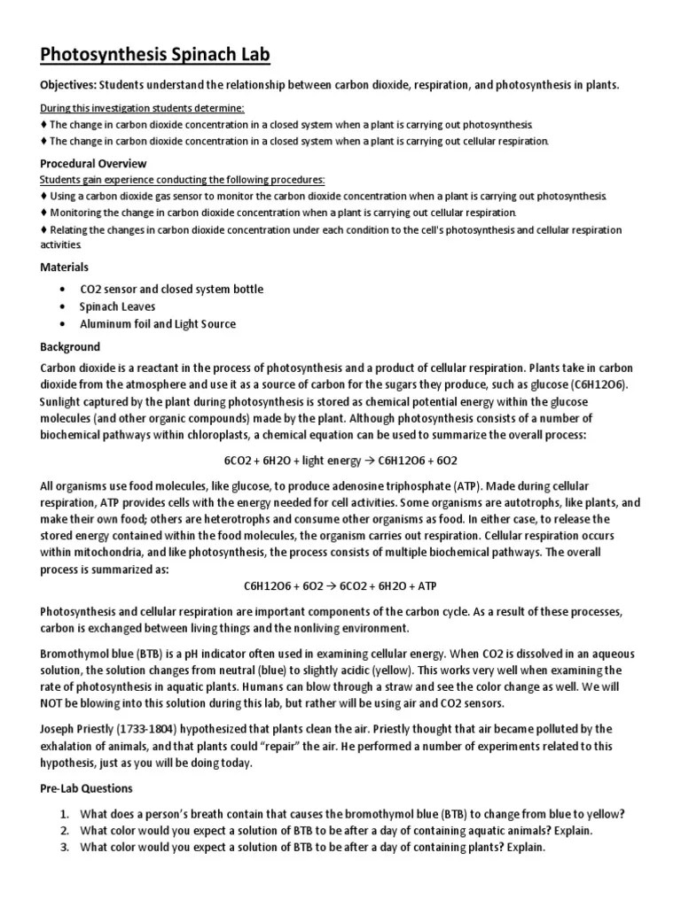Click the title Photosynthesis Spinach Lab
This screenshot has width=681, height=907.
click(x=155, y=56)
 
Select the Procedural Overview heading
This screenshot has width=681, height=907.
click(x=94, y=164)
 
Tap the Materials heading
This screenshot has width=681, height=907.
click(x=65, y=267)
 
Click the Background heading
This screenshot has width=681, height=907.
click(x=70, y=346)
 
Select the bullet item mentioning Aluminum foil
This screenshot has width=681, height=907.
click(x=158, y=324)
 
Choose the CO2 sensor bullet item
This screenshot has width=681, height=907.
click(x=171, y=290)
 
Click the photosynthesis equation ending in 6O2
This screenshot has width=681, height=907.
click(x=340, y=461)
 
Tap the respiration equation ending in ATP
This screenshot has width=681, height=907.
click(x=340, y=586)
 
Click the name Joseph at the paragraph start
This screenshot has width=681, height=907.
click(x=59, y=729)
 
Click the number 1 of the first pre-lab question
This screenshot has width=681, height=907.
click(x=65, y=815)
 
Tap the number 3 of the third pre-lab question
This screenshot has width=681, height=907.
click(x=65, y=848)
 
